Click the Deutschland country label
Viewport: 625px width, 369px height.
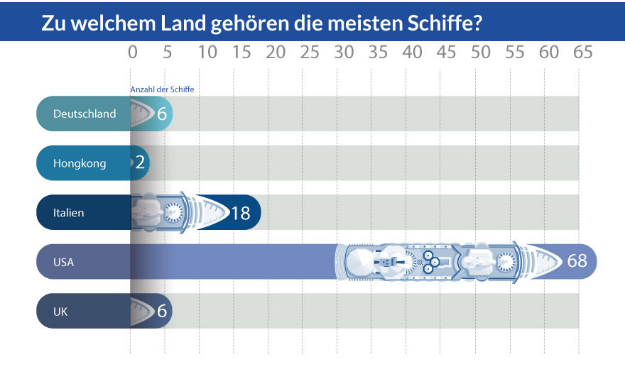pyautogui.click(x=85, y=114)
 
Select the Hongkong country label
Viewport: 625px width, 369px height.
pyautogui.click(x=80, y=163)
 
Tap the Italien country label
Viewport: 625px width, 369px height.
pyautogui.click(x=68, y=212)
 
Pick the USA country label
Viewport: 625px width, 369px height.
pyautogui.click(x=63, y=262)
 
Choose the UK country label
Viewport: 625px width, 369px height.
pyautogui.click(x=60, y=311)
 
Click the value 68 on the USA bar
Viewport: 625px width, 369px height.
pyautogui.click(x=577, y=261)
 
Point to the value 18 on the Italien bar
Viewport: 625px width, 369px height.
pyautogui.click(x=241, y=212)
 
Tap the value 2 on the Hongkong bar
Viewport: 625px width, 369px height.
pyautogui.click(x=140, y=163)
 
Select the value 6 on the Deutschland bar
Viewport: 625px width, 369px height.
pyautogui.click(x=161, y=114)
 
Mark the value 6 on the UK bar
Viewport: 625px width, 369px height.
pyautogui.click(x=161, y=311)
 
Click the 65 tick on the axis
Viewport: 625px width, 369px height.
pyautogui.click(x=582, y=53)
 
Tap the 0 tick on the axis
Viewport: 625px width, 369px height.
pyautogui.click(x=132, y=53)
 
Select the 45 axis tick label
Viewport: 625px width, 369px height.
pyautogui.click(x=446, y=53)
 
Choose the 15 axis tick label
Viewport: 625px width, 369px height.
pyautogui.click(x=241, y=53)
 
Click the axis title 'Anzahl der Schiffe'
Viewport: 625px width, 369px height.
pyautogui.click(x=162, y=89)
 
